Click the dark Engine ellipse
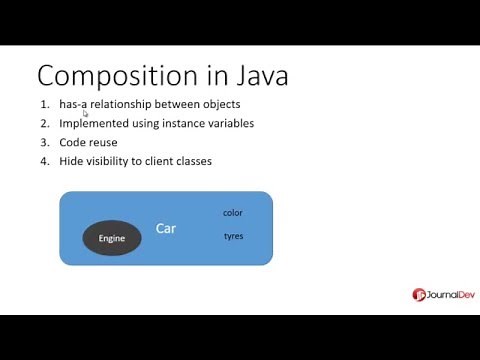click(x=111, y=238)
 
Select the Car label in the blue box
click(x=166, y=229)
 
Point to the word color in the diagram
click(x=233, y=212)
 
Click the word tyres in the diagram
click(x=233, y=236)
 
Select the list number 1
click(x=44, y=104)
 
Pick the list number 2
click(x=44, y=123)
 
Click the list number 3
click(x=44, y=142)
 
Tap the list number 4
click(x=44, y=161)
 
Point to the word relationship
click(x=126, y=104)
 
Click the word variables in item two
click(x=230, y=123)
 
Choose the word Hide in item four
click(x=70, y=161)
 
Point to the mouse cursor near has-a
click(x=86, y=114)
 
